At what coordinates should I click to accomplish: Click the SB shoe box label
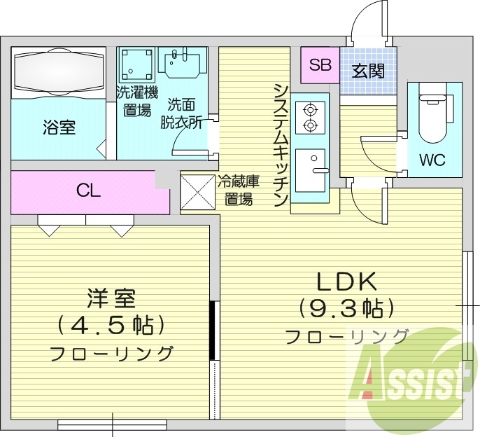(320, 65)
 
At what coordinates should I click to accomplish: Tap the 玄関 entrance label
(368, 71)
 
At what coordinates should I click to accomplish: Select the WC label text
(432, 159)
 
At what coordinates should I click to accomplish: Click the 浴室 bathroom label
(59, 127)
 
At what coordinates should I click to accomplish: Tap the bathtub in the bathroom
(59, 72)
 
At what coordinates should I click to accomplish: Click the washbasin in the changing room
(183, 62)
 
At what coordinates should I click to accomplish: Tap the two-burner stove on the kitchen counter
(309, 117)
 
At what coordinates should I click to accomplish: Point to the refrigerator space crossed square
(197, 190)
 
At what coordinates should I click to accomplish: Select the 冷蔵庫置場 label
(239, 189)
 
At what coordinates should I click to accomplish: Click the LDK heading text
(348, 282)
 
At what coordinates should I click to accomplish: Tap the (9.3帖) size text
(347, 307)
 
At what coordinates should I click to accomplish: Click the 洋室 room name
(111, 299)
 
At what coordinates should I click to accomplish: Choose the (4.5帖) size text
(111, 324)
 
